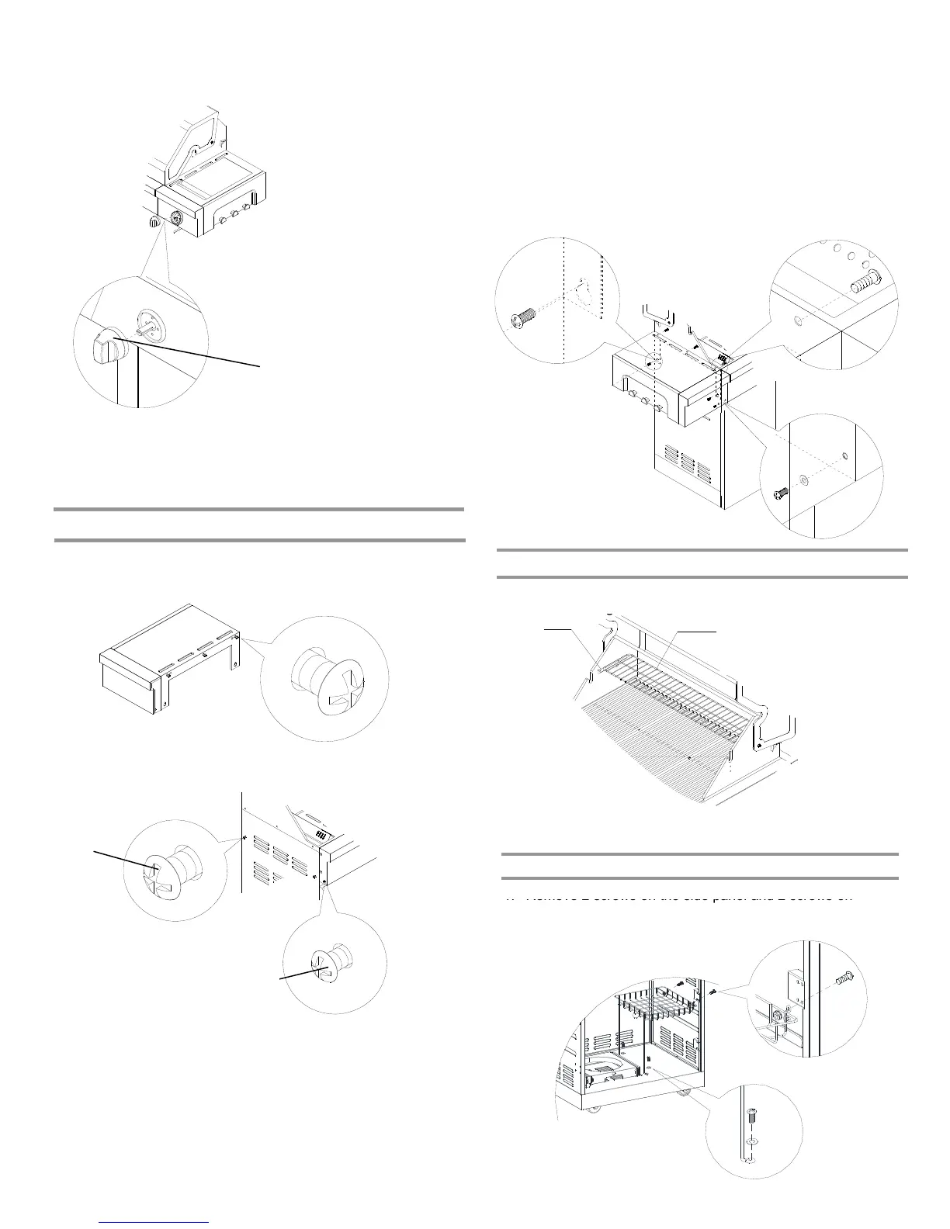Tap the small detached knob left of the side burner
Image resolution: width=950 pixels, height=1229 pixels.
[x=154, y=222]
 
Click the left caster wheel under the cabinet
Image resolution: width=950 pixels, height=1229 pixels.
[x=595, y=1110]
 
